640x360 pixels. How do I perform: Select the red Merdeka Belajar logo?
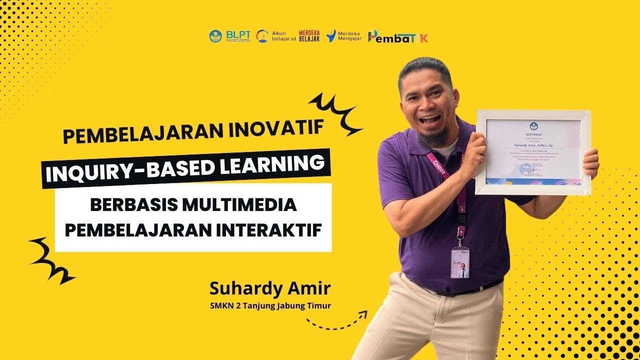tap(309, 36)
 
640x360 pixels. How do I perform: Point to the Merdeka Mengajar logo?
tap(343, 36)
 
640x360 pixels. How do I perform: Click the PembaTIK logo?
tap(397, 36)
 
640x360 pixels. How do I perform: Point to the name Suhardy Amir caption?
tap(270, 288)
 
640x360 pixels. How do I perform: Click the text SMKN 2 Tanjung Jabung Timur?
tap(270, 305)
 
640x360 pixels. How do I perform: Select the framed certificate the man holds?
tap(533, 152)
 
